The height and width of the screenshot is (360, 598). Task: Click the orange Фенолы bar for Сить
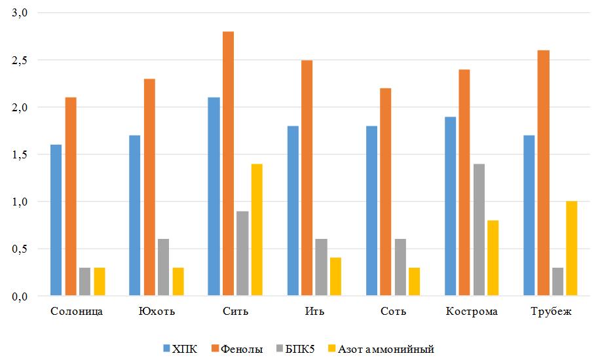coord(228,164)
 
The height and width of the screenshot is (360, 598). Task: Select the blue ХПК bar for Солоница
coord(56,220)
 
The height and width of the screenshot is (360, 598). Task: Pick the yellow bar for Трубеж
coord(572,249)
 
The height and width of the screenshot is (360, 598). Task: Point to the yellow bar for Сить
coord(257,230)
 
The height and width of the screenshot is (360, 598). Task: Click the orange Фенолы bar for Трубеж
coord(543,173)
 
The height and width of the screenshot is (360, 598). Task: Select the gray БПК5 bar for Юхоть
coord(163,267)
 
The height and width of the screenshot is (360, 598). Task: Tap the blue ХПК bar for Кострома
coord(450,206)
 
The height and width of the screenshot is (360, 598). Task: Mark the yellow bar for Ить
coord(335,276)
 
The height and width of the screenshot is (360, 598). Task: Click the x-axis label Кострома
coord(472,311)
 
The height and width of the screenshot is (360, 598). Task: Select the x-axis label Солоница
coord(77,311)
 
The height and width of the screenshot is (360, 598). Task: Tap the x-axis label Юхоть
coord(156,311)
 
